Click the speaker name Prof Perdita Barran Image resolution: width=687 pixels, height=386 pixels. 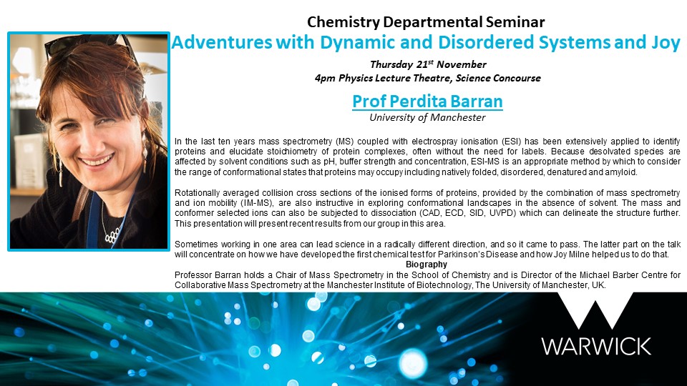click(427, 102)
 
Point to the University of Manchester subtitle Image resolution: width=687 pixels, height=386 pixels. click(427, 117)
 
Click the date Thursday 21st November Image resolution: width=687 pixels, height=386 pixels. click(428, 64)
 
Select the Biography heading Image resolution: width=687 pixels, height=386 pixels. click(427, 264)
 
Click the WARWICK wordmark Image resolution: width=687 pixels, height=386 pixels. click(596, 346)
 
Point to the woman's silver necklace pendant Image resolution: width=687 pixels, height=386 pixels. click(112, 235)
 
